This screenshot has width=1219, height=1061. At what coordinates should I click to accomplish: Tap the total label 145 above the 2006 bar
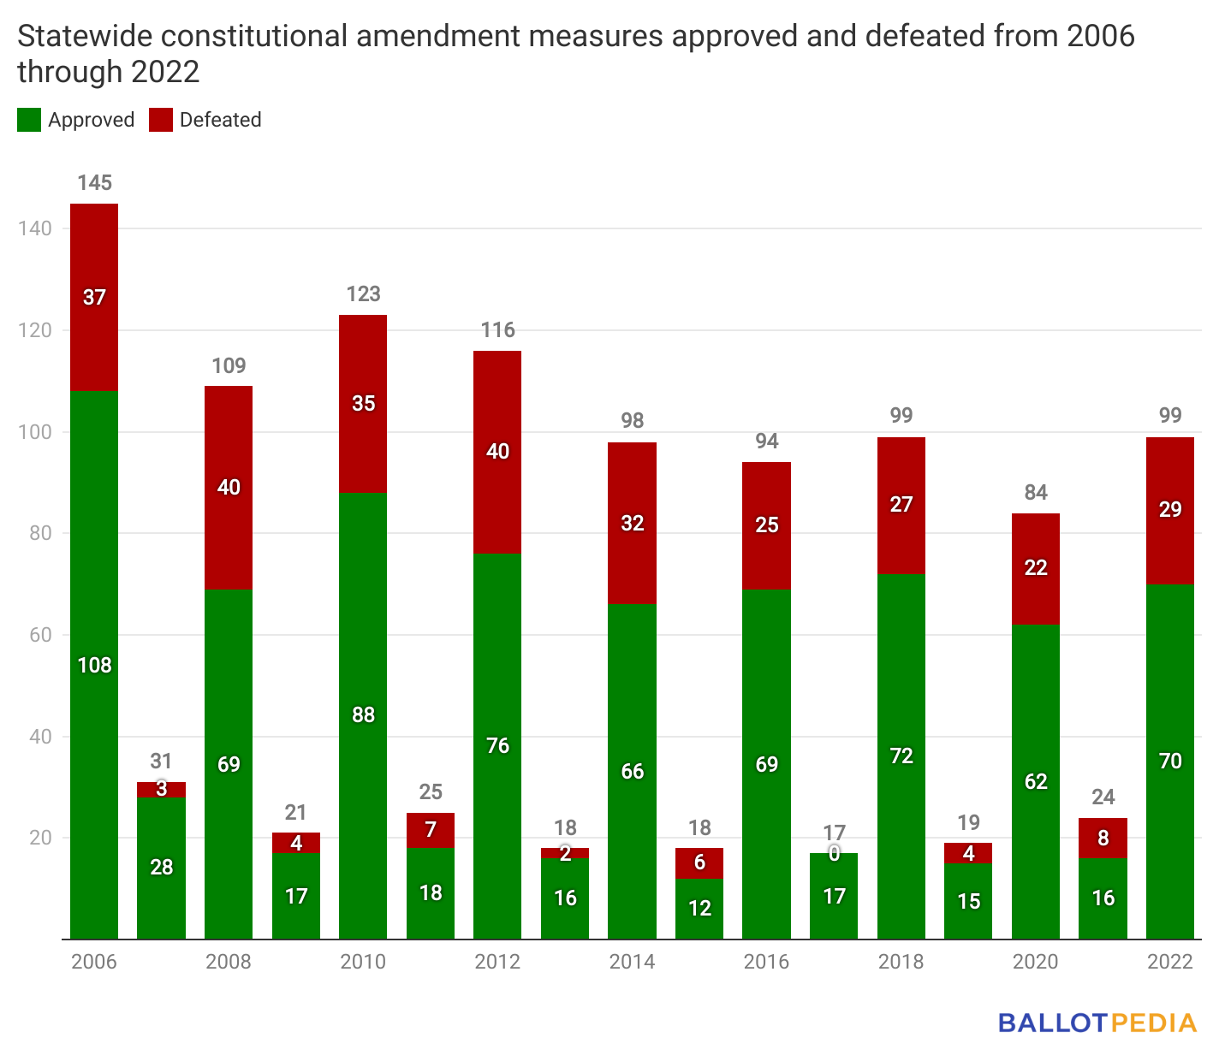(94, 183)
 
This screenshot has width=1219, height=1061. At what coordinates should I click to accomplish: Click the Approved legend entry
(76, 120)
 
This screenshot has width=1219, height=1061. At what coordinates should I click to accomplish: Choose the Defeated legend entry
(205, 120)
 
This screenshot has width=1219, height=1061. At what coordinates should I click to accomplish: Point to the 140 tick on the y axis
(34, 228)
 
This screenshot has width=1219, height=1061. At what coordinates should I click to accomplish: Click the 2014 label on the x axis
(632, 962)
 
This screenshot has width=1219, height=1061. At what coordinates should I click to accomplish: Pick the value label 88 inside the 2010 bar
(363, 714)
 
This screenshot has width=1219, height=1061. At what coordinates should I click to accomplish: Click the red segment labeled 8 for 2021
(1103, 839)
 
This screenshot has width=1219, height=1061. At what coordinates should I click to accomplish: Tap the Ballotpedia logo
(1097, 1023)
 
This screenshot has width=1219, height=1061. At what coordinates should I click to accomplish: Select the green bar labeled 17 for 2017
(834, 896)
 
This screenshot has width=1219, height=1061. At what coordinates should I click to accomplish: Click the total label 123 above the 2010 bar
(363, 294)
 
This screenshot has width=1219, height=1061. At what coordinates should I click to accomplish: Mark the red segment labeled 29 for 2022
(1169, 510)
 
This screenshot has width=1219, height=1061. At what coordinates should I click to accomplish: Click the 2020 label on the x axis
(1035, 962)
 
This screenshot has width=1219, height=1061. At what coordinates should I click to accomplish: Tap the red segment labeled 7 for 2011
(431, 830)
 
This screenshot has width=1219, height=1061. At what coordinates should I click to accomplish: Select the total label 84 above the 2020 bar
(1035, 493)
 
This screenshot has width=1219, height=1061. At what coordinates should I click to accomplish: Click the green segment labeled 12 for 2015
(699, 909)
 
